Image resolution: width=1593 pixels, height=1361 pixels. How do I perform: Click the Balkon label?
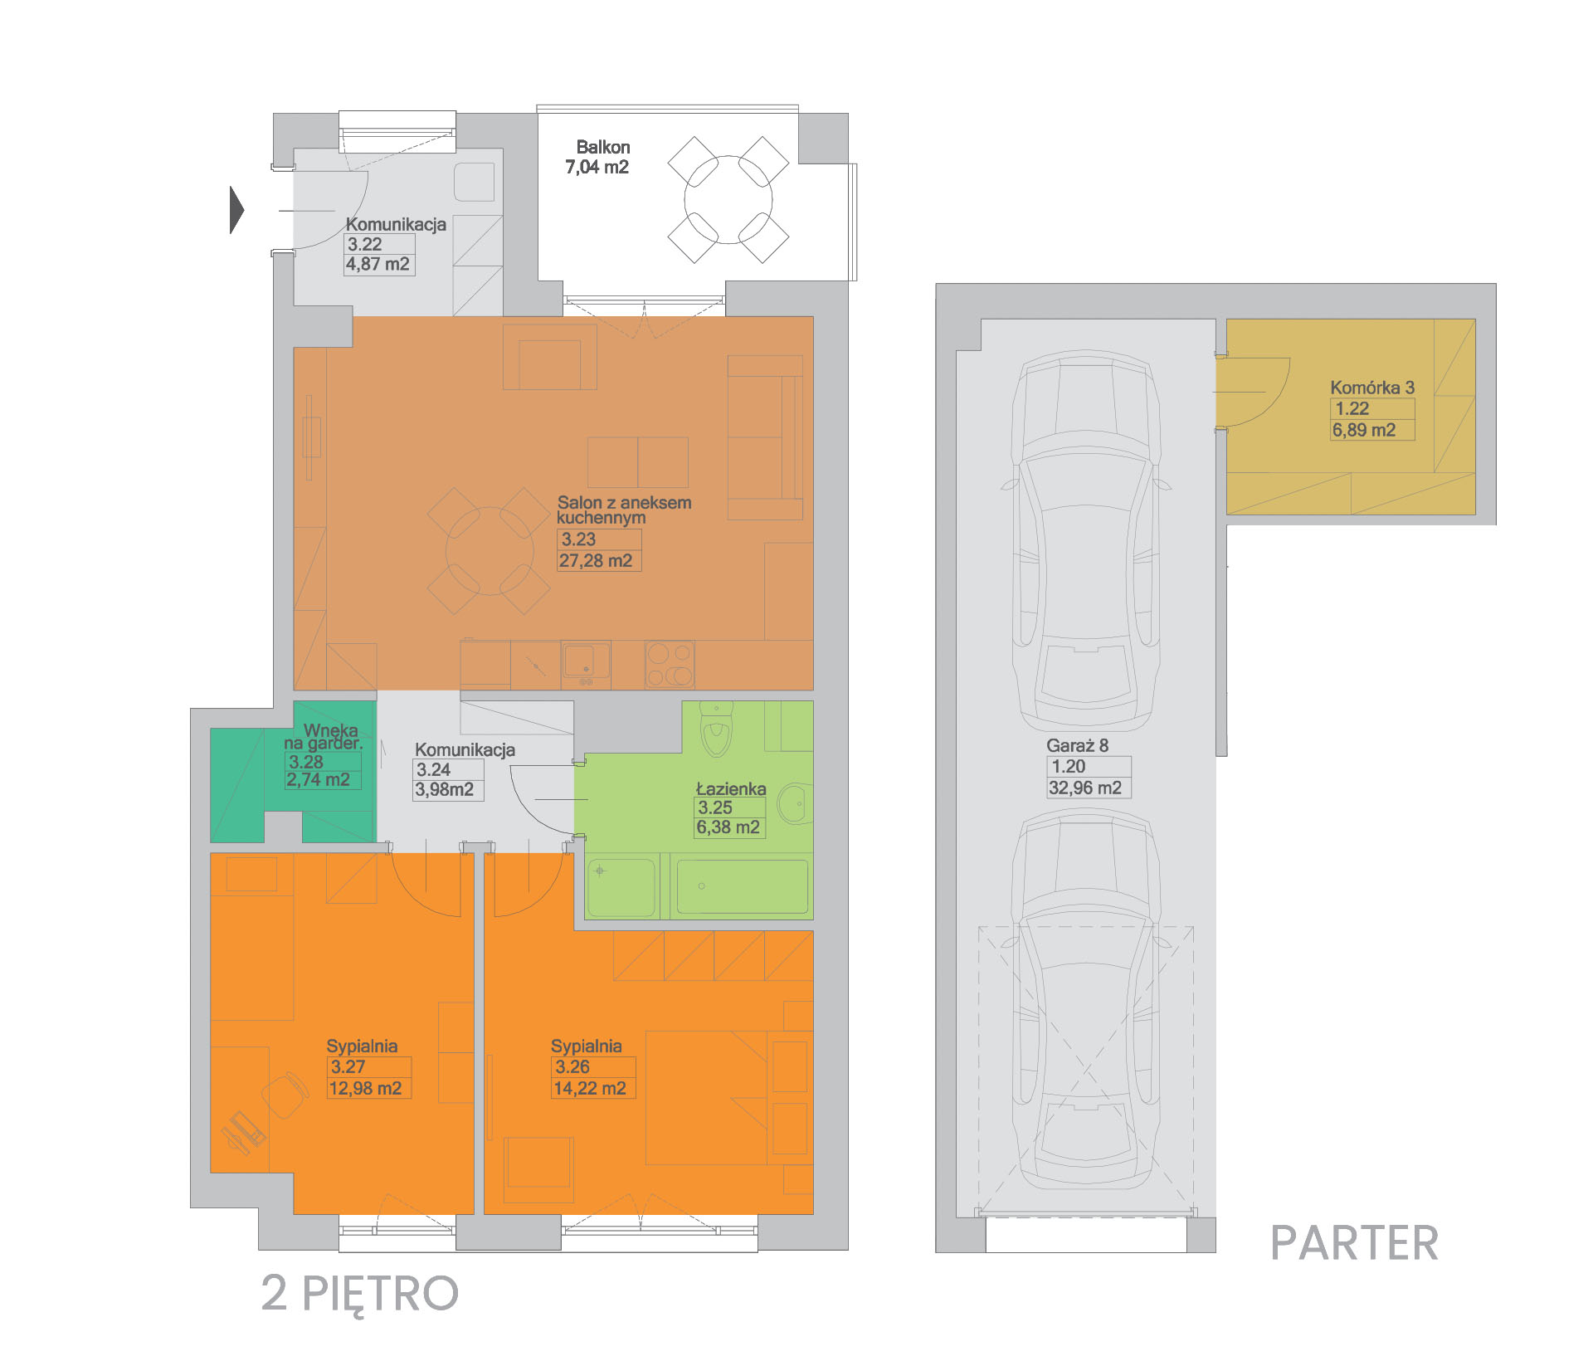(x=603, y=147)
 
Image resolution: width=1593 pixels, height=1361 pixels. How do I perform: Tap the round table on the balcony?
(x=728, y=200)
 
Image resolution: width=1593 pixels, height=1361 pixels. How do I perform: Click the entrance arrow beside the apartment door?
(x=237, y=209)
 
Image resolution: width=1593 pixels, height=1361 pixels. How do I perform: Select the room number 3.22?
(x=365, y=244)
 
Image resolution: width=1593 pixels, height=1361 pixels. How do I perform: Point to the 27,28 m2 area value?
(x=596, y=561)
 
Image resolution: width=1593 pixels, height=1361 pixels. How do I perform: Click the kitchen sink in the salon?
(x=586, y=664)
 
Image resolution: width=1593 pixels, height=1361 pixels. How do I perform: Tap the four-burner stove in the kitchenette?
(x=670, y=665)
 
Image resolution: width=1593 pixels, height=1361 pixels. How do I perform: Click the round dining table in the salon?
(x=490, y=551)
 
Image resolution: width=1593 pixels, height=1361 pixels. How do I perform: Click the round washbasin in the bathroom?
(x=794, y=803)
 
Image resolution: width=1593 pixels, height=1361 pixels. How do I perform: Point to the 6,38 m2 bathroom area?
(x=728, y=827)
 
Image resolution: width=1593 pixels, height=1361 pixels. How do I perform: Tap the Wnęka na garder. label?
(x=324, y=736)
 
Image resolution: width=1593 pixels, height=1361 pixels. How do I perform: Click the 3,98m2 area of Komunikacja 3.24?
(x=445, y=789)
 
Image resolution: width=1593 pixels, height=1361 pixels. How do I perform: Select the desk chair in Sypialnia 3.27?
(x=284, y=1095)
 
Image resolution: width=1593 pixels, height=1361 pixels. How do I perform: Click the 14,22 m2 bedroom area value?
(x=590, y=1089)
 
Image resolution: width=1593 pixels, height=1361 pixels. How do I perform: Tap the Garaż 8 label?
(x=1077, y=745)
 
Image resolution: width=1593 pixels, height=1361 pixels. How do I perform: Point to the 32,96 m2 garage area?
(x=1085, y=788)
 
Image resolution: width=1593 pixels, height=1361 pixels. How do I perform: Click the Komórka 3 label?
(x=1372, y=388)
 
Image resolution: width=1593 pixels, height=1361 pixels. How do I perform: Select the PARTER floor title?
(x=1354, y=1243)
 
